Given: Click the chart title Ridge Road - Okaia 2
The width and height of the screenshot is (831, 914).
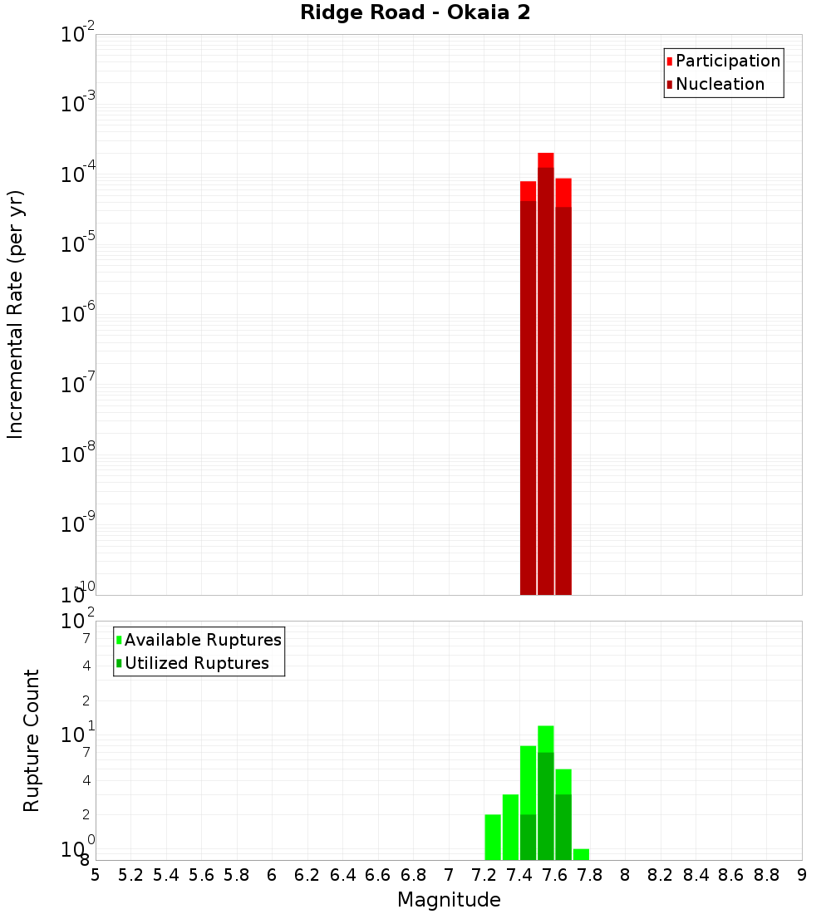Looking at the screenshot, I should pos(415,13).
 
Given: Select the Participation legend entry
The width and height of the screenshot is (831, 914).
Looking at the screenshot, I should pos(723,61).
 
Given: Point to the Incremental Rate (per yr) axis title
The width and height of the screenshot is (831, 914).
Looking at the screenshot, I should pos(15,314).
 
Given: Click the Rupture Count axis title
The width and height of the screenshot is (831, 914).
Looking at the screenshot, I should pos(32,740).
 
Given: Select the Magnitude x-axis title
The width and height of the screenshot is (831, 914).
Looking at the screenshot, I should pos(449,900).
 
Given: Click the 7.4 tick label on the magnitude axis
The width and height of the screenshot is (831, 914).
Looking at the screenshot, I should pos(519,875).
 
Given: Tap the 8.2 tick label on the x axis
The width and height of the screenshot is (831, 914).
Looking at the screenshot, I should pos(661,875).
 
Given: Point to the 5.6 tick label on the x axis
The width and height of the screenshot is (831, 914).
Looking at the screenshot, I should pos(202,875).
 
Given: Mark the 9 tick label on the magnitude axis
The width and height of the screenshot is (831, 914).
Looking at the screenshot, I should pos(802,875).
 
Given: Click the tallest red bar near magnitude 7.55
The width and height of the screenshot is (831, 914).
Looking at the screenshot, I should pos(546,374).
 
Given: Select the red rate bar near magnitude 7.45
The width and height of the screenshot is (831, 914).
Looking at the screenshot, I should pos(528,391).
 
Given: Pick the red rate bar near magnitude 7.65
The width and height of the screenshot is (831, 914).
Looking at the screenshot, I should pos(563,391).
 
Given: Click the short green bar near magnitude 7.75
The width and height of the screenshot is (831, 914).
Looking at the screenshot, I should pos(581,854).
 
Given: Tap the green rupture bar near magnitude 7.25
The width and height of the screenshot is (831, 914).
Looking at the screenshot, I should pos(493,838).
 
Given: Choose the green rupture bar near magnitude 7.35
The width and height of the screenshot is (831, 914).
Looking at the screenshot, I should pos(510,828).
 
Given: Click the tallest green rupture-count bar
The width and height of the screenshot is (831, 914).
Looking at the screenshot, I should pos(546,794).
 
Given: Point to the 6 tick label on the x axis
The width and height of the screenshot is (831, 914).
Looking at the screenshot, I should pos(272,875).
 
